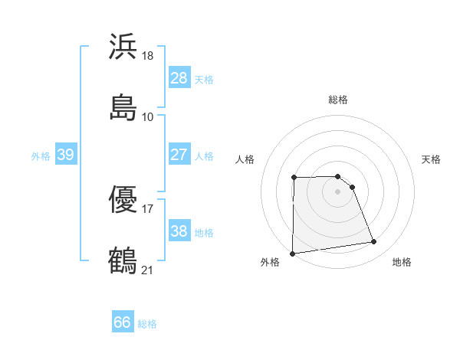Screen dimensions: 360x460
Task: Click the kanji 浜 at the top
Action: (123, 47)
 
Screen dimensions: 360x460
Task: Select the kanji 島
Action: (123, 106)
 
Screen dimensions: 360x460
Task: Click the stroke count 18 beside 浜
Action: (148, 56)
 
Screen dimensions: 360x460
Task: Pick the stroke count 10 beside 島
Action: (148, 116)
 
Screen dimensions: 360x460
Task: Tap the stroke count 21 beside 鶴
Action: (148, 269)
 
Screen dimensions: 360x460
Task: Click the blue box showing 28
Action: (179, 78)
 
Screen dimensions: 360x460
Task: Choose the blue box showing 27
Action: (179, 155)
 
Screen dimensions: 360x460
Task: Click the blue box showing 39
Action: (65, 155)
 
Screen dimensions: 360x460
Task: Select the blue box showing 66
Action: (123, 322)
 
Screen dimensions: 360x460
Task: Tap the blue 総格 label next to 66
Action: (147, 324)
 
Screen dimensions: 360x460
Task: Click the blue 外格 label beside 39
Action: (41, 156)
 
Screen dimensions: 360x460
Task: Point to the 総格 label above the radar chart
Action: (338, 100)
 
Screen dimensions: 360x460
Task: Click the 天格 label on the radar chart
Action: (432, 159)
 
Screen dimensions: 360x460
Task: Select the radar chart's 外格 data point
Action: (292, 254)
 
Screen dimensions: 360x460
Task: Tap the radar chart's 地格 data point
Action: (374, 242)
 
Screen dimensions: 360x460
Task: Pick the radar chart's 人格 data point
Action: (294, 178)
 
